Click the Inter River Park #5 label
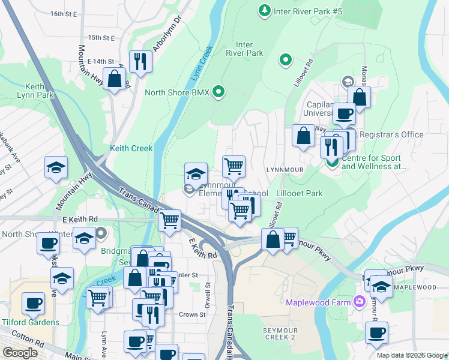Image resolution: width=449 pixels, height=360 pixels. [x=307, y=11]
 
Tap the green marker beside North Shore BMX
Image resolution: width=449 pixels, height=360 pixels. [x=219, y=92]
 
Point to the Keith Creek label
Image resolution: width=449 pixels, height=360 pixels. [x=131, y=148]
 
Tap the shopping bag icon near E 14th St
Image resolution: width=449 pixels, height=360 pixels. [x=114, y=79]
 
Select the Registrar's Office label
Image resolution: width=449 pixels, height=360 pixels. [x=393, y=135]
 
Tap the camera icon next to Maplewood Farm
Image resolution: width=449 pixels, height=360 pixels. [x=360, y=302]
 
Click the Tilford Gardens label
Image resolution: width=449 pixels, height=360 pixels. [x=30, y=322]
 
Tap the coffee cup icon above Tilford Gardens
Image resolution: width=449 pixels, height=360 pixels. [x=34, y=304]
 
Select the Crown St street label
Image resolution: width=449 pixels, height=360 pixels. [x=192, y=314]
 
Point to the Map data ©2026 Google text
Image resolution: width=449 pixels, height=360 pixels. [x=412, y=355]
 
